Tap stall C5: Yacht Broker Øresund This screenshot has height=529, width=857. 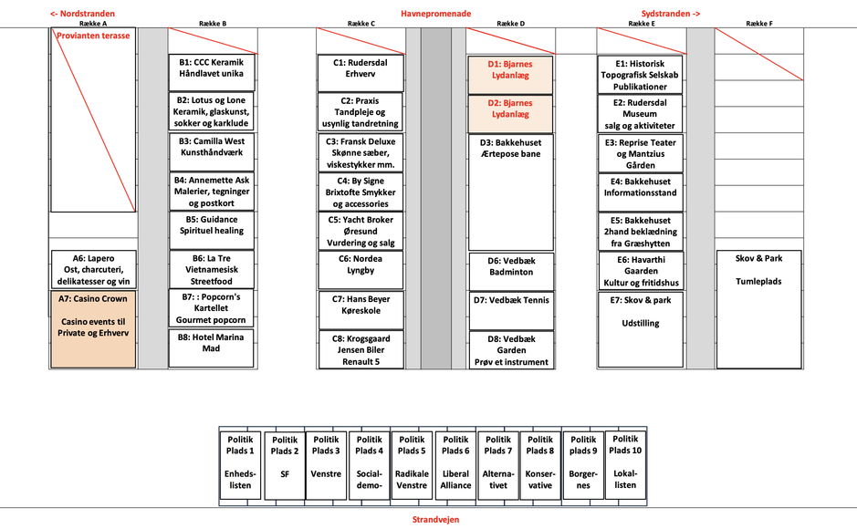(361, 231)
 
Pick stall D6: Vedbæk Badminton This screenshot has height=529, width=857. (510, 266)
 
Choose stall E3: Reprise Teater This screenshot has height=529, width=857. (640, 154)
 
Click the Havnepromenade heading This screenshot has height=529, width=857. (435, 14)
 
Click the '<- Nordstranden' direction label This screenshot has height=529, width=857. (82, 14)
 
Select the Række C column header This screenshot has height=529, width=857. (361, 24)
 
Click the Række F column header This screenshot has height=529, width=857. (758, 24)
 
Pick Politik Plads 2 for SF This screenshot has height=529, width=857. (284, 464)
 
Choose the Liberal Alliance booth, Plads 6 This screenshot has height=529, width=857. (455, 464)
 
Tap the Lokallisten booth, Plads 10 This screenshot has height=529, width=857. (625, 464)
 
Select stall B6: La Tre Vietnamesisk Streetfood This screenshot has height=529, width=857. (212, 269)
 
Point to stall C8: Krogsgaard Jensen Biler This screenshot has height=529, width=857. (361, 349)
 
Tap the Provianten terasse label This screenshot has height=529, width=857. (94, 36)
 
